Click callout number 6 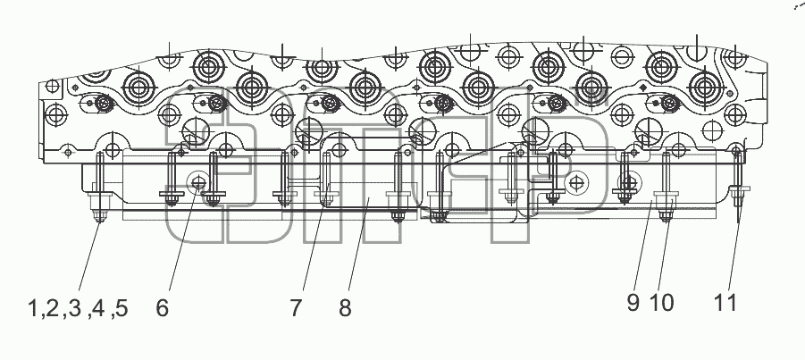163,308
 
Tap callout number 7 295,308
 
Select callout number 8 345,308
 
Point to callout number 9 633,303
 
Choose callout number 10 661,303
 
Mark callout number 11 725,303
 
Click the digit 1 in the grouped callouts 33,308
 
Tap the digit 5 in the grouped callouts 122,308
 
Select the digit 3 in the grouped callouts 75,308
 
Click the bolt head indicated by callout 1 99,207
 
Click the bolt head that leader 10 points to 666,206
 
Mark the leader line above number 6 184,237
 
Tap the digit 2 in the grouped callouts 51,308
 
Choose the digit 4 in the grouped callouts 98,308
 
